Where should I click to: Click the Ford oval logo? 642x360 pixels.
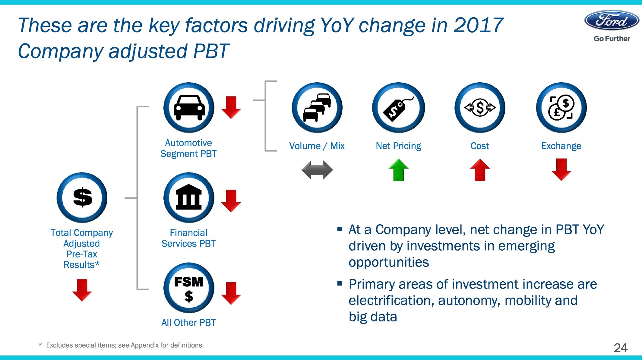click(612, 21)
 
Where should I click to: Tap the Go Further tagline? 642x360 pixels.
click(612, 39)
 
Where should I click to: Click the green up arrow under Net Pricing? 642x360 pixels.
click(398, 170)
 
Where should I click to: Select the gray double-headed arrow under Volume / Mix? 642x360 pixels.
click(317, 170)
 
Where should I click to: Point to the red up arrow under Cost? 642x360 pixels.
click(480, 170)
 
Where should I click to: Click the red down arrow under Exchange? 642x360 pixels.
click(561, 169)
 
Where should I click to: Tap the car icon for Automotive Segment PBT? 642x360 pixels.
click(189, 108)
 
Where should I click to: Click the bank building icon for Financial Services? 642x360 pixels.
click(189, 197)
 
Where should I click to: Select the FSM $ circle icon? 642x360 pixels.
click(189, 288)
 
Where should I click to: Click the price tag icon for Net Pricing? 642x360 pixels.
click(398, 108)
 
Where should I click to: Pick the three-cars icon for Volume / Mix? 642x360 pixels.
click(317, 108)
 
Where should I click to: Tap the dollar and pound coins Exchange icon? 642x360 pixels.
click(561, 108)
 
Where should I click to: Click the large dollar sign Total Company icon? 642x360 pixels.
click(82, 197)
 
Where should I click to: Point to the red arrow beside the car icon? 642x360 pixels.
click(231, 107)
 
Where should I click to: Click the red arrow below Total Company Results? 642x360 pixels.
click(82, 290)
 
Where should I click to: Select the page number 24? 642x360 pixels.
click(621, 348)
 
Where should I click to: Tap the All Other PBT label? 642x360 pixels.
click(188, 323)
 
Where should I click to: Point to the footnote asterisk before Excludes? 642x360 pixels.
click(40, 345)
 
